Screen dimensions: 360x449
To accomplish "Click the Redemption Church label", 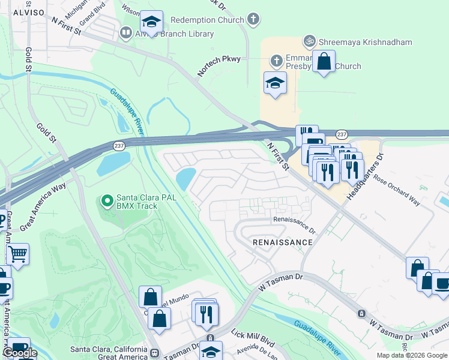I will pyautogui.click(x=208, y=20).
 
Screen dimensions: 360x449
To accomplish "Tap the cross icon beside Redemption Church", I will pyautogui.click(x=253, y=19).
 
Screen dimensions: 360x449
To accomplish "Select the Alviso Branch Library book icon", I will pyautogui.click(x=126, y=32).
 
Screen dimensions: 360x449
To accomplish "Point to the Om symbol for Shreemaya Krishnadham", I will pyautogui.click(x=310, y=41).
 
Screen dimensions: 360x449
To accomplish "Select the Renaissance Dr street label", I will pyautogui.click(x=294, y=224).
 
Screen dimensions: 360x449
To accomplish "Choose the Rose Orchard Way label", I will pyautogui.click(x=397, y=189).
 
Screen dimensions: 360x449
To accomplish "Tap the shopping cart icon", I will pyautogui.click(x=17, y=254).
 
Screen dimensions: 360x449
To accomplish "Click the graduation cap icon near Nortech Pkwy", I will pyautogui.click(x=275, y=82).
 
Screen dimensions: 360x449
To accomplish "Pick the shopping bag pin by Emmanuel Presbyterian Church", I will pyautogui.click(x=324, y=61).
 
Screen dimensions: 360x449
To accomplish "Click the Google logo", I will pyautogui.click(x=20, y=353).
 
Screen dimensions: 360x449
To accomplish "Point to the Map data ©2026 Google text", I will pyautogui.click(x=411, y=355).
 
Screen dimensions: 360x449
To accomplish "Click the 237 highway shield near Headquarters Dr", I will pyautogui.click(x=342, y=134).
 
